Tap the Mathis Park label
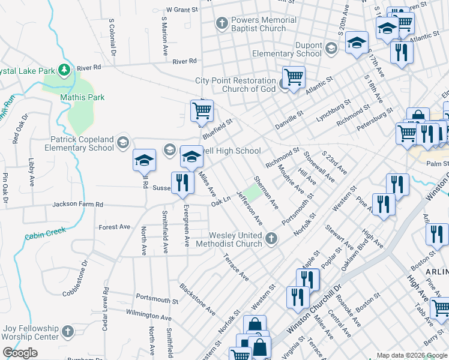tap(82, 97)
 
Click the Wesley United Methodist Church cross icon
tap(271, 239)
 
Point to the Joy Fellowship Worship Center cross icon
tap(68, 332)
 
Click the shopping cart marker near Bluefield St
tap(202, 110)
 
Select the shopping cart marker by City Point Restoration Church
tap(294, 76)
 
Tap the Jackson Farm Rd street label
tap(77, 205)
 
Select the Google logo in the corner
tap(20, 353)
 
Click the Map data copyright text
tap(411, 355)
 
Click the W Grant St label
tap(182, 10)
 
